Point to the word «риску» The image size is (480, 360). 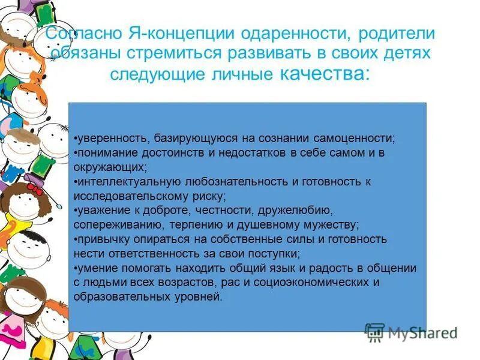coord(209,196)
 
